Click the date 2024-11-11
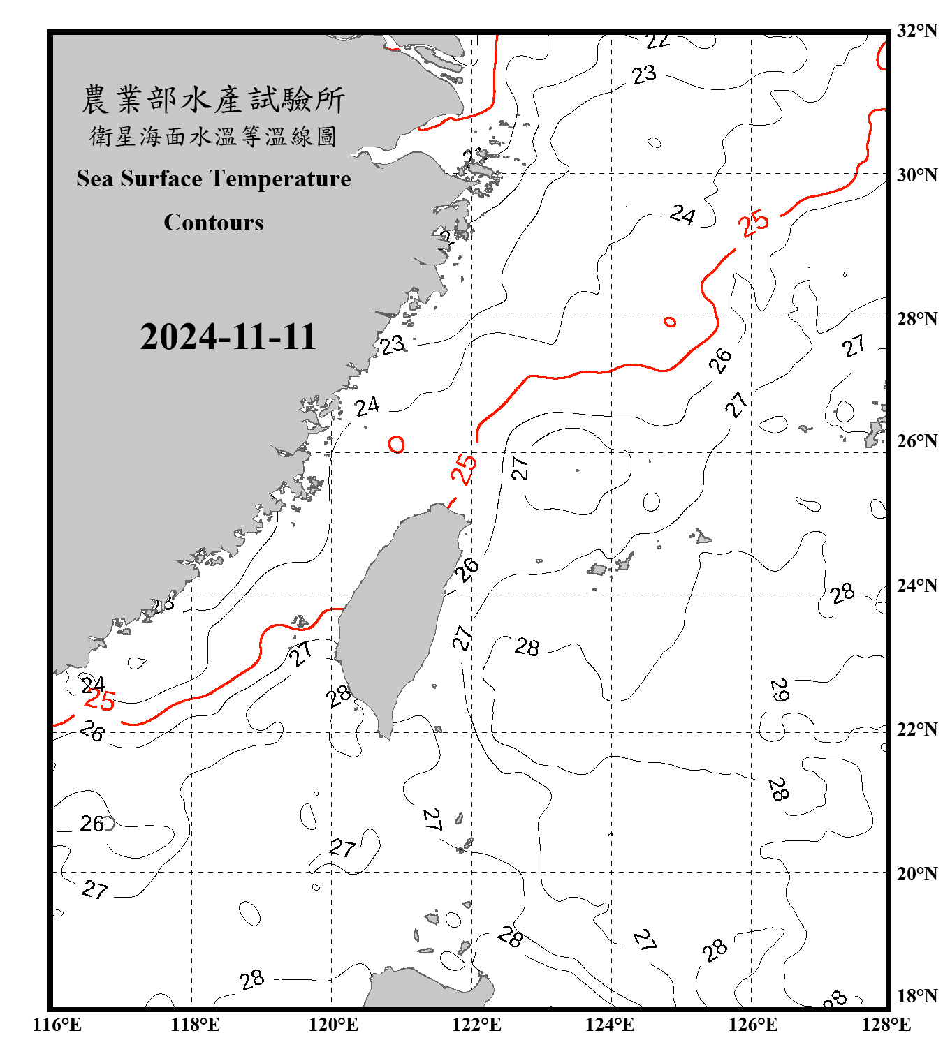228,336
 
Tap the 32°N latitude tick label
917,31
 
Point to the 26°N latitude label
917,441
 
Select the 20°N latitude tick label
917,873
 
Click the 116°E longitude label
57,1025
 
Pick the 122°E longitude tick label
476,1025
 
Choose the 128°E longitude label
886,1025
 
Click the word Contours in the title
214,223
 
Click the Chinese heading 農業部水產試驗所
213,100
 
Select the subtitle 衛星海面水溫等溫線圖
213,136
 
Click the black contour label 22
657,41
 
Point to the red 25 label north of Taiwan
464,469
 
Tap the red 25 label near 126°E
754,223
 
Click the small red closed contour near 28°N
670,322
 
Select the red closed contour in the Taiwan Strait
397,444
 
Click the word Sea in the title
94,179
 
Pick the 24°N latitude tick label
917,585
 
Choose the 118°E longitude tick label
195,1025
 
